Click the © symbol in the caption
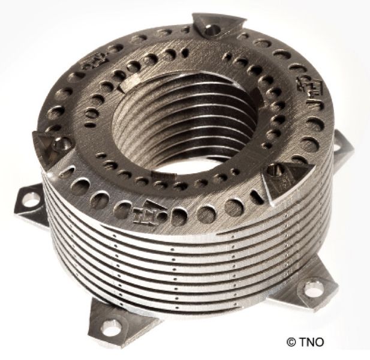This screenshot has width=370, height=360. point(291,341)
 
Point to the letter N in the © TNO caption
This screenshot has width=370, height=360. point(311,341)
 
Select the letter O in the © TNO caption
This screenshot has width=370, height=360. point(320,341)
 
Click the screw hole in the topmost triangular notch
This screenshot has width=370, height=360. point(210,29)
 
